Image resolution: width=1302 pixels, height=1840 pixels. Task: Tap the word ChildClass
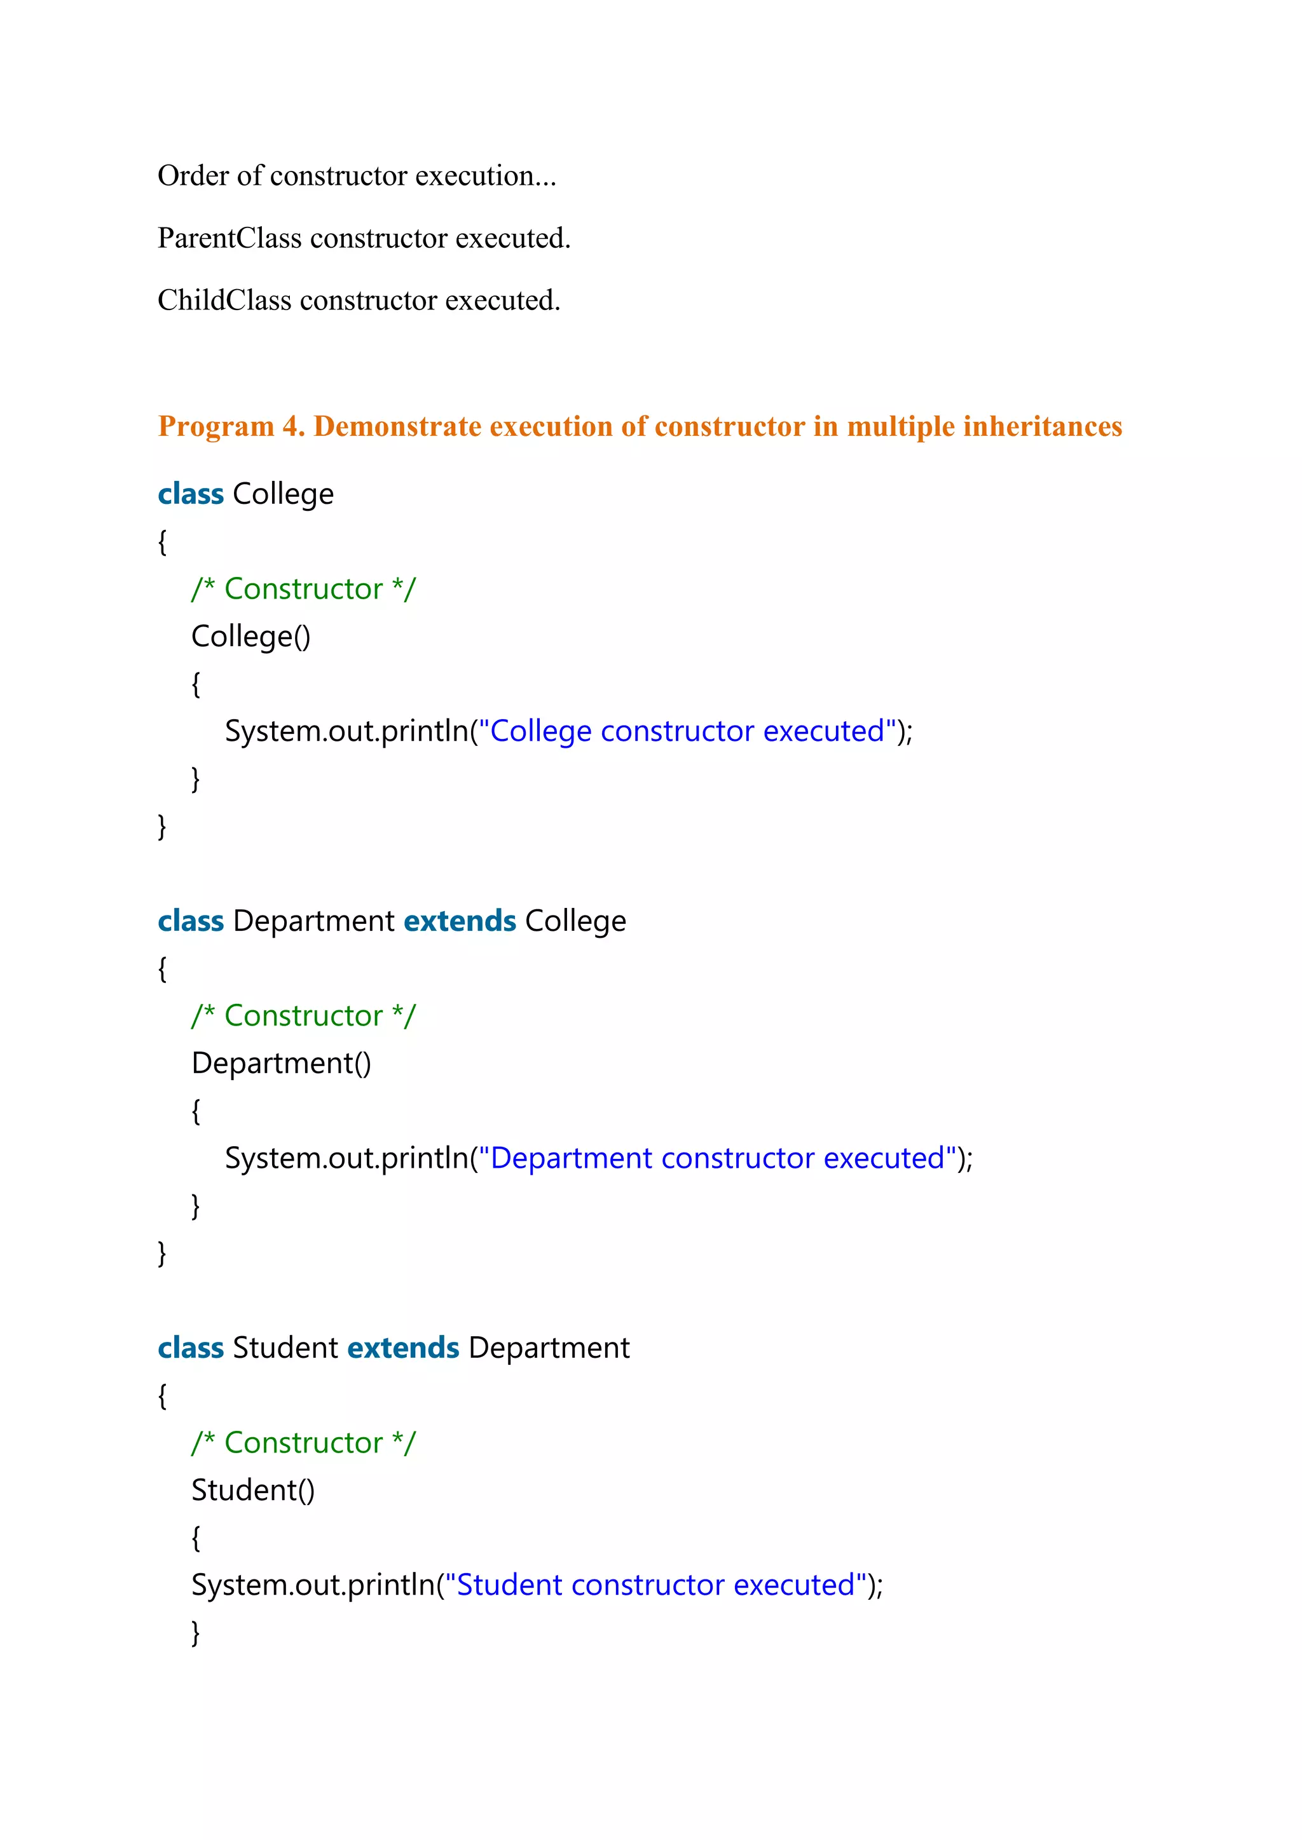224,301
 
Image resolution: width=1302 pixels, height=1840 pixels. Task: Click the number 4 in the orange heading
291,426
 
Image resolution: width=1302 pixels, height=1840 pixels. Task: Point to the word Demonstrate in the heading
397,426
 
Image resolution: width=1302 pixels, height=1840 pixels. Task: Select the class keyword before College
191,494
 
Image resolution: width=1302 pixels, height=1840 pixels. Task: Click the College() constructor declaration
250,636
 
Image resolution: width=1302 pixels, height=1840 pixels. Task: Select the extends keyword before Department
403,1348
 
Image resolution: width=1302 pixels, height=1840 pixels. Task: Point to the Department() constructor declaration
280,1064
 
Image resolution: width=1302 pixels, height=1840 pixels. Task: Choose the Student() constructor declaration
252,1491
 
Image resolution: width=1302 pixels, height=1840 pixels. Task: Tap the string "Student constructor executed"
656,1585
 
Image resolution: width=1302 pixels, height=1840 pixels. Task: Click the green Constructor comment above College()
303,589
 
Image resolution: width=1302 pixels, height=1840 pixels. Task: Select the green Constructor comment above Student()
303,1442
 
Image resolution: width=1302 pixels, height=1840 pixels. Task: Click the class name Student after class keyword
285,1348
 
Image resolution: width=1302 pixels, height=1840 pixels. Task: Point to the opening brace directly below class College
162,542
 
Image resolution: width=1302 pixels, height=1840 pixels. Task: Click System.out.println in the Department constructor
346,1158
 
